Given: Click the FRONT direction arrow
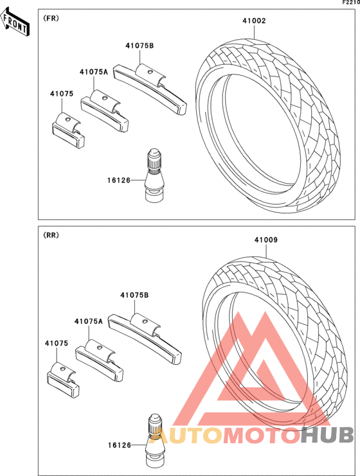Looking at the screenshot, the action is (15, 22).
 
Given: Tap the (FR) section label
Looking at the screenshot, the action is (51, 18).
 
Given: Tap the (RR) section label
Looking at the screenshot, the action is (51, 235).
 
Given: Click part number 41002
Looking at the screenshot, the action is (254, 21).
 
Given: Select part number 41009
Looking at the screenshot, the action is (266, 240).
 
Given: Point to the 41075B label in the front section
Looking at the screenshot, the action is (139, 46).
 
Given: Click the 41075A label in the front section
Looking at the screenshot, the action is (94, 72).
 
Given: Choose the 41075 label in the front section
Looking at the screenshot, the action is (62, 94).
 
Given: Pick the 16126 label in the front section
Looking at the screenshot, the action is (119, 181).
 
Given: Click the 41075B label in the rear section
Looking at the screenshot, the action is (134, 295).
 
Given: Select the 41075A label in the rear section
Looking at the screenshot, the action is (89, 321).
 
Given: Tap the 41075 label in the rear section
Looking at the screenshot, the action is (57, 343).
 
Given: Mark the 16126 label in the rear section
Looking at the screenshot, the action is (120, 445).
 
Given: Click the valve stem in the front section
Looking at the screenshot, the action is (154, 175).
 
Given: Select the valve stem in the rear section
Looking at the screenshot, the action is (155, 441).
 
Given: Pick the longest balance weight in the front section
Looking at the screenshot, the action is (150, 89).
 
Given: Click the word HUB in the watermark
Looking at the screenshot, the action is (328, 435).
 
